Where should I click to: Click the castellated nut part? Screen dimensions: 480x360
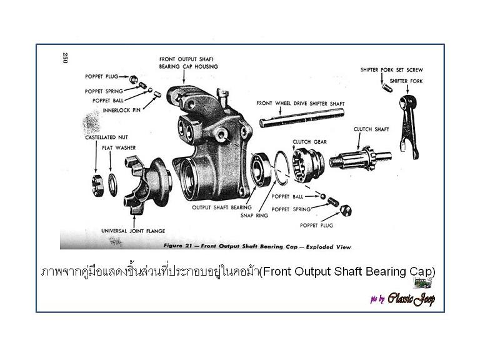97,184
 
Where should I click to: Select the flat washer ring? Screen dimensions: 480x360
109,185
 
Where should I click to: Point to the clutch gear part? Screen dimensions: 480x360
307,166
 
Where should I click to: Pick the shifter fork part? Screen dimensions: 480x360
409,127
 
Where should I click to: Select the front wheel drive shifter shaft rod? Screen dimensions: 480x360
302,117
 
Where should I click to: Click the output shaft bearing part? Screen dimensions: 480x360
261,169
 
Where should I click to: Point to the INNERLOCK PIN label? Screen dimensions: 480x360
121,110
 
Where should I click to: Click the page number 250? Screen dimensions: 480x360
65,58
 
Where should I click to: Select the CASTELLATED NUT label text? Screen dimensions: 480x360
106,137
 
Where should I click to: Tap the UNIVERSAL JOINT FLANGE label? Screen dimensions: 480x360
133,231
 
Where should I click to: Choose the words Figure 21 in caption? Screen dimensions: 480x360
177,246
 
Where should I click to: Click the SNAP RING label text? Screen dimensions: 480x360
254,216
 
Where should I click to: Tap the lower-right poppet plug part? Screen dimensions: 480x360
346,210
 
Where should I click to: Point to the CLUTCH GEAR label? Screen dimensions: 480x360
309,142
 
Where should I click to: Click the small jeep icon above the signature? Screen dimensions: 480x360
422,283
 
